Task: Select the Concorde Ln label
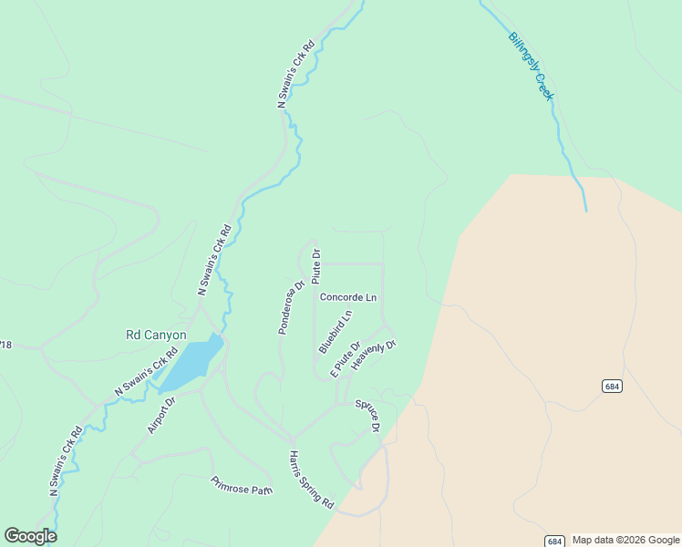pos(347,297)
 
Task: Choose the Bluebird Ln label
pos(335,332)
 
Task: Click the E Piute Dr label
pos(346,358)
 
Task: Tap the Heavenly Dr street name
pos(374,355)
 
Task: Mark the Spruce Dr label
pos(368,415)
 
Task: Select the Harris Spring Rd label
pos(312,480)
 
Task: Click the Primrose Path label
pos(242,485)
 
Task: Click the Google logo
pos(30,536)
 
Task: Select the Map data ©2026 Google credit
pos(626,540)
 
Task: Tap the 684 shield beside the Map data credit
pos(554,541)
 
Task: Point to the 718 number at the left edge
pos(5,345)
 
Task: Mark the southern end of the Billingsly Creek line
pos(586,211)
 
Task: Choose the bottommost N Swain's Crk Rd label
pos(66,460)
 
